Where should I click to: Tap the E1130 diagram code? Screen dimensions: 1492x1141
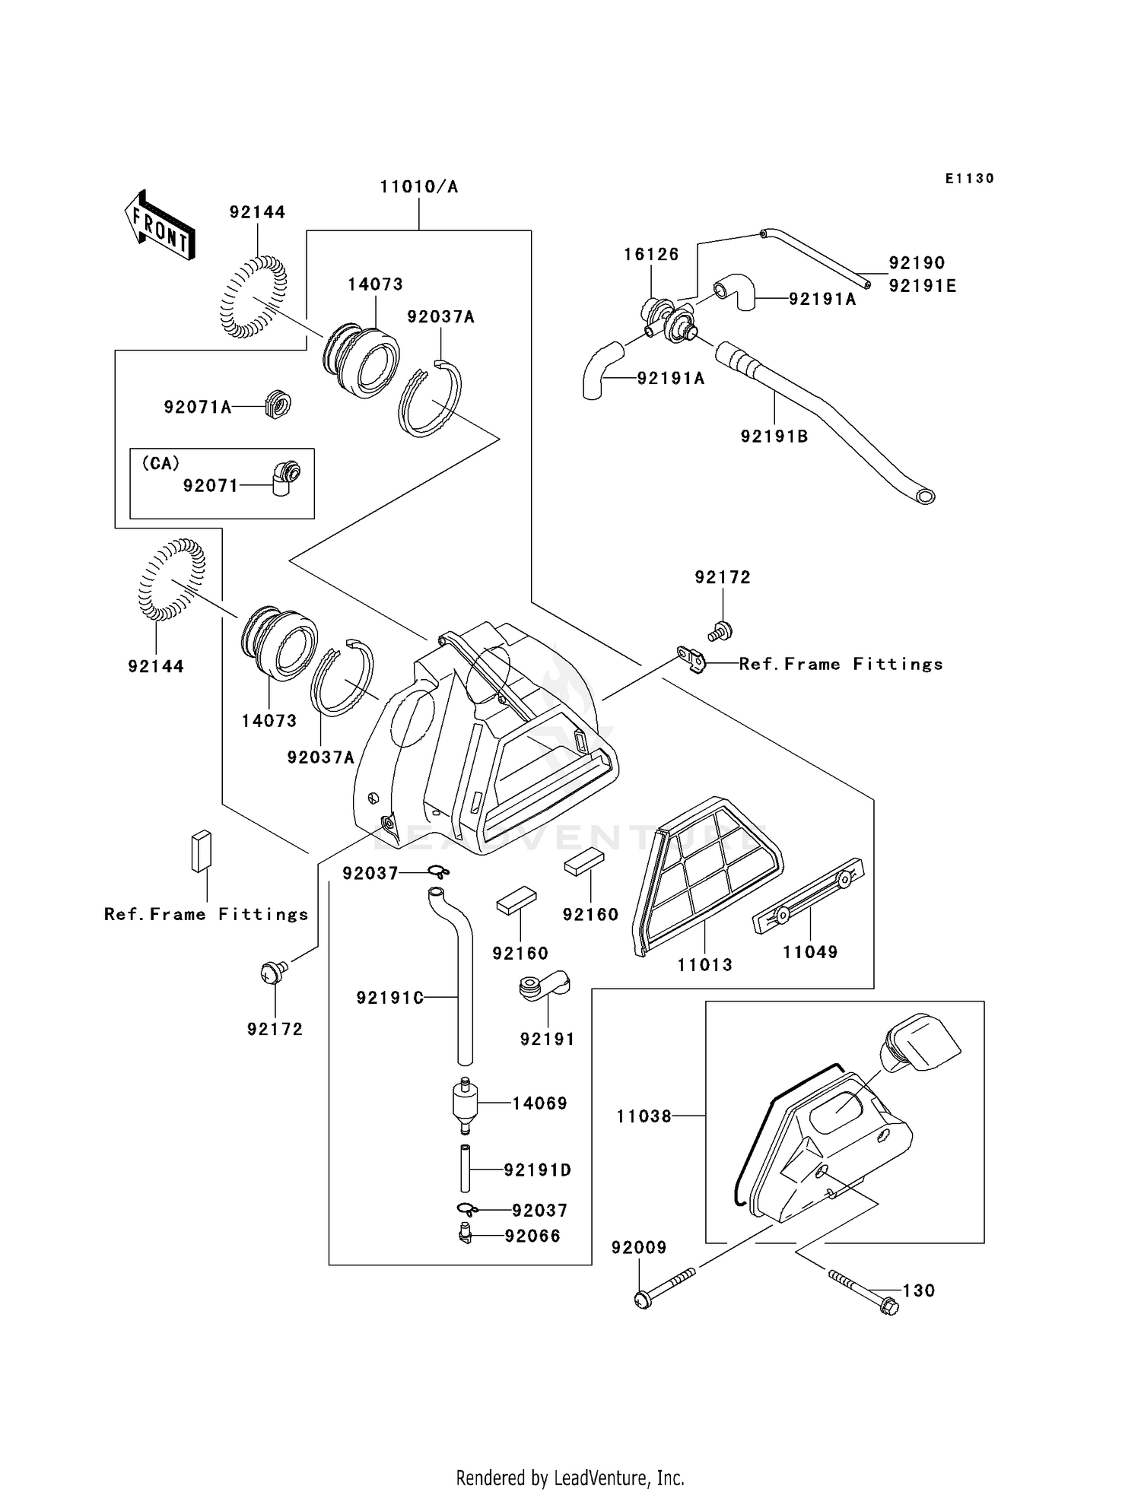969,179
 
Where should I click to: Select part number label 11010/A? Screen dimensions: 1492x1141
419,187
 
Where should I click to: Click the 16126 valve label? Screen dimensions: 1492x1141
651,254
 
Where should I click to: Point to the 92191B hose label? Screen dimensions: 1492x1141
774,436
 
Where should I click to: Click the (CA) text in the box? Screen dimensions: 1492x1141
161,463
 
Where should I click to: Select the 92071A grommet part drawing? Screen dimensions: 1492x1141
278,405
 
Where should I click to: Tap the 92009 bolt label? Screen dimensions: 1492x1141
639,1247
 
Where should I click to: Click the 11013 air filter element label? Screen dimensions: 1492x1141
705,964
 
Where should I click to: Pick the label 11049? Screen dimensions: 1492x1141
810,952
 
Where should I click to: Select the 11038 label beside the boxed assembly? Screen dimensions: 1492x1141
644,1116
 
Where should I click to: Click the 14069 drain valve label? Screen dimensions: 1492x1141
540,1103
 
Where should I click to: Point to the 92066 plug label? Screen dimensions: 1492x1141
533,1236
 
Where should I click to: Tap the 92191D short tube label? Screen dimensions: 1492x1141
538,1170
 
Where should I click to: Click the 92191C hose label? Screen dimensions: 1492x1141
390,998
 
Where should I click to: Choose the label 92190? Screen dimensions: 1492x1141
917,263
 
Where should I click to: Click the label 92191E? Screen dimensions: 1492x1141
923,286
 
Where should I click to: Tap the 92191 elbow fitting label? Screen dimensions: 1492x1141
548,1039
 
